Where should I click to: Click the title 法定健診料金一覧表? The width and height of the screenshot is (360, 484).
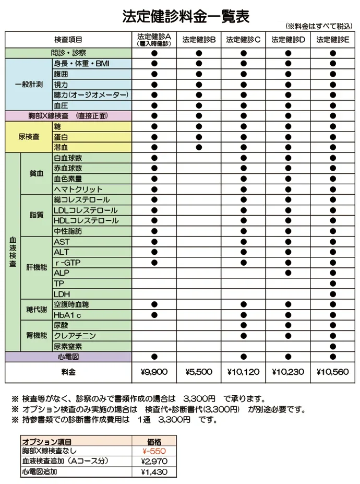click(x=185, y=16)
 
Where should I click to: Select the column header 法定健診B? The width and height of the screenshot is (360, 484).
click(x=199, y=39)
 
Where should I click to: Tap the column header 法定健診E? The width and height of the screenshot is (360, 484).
click(x=332, y=39)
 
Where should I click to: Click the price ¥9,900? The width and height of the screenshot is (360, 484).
click(x=154, y=372)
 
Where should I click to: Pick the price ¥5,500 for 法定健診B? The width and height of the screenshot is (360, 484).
click(x=199, y=372)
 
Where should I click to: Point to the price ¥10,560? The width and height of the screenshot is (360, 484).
click(x=332, y=372)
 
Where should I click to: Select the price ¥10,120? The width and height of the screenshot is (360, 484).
click(x=243, y=372)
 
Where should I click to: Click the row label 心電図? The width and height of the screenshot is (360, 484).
click(x=68, y=357)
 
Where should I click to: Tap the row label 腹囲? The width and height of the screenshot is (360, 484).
click(x=61, y=74)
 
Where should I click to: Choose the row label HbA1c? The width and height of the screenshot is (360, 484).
click(x=67, y=315)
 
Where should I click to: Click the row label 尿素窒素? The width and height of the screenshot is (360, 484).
click(x=68, y=347)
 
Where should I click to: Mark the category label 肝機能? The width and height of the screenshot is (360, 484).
click(x=37, y=268)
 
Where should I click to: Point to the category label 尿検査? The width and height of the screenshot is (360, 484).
click(x=29, y=137)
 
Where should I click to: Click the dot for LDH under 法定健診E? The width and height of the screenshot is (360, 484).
click(x=332, y=294)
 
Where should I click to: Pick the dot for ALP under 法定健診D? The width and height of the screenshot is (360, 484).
click(x=288, y=273)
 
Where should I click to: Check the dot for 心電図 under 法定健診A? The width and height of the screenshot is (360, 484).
click(x=154, y=357)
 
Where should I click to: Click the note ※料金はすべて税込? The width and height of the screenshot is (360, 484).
click(x=319, y=26)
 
